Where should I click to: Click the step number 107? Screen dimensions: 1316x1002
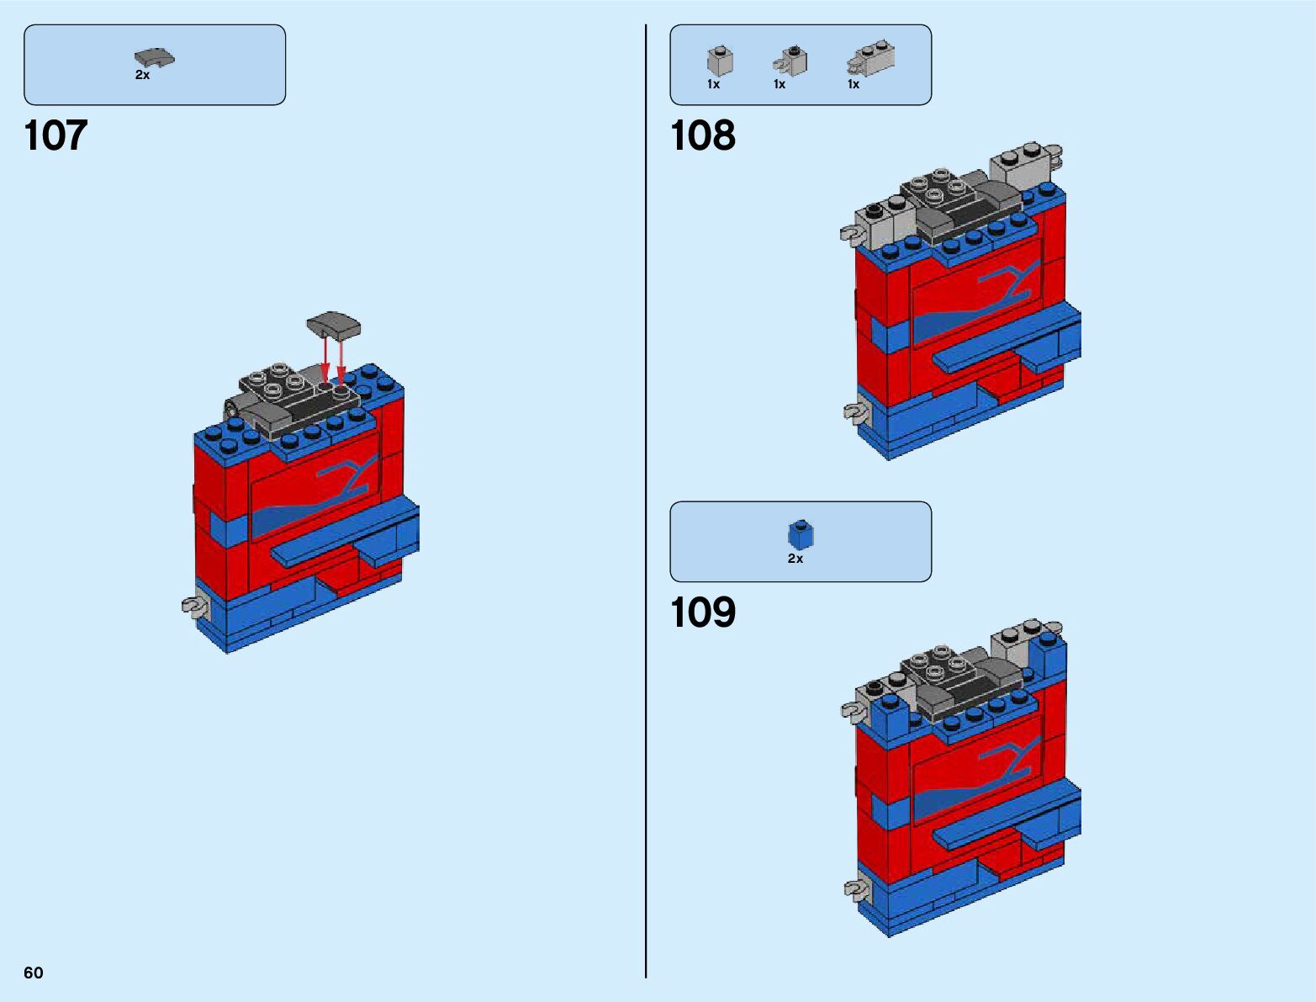pos(55,136)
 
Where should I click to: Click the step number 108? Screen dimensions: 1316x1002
pos(702,136)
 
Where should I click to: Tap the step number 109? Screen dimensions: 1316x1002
pos(702,613)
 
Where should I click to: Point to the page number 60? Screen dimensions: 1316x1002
pos(34,973)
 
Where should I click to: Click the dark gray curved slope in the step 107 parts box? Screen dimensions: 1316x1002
pos(153,57)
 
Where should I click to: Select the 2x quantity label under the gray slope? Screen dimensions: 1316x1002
pos(142,75)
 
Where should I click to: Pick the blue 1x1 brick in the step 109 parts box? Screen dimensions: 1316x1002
pos(800,534)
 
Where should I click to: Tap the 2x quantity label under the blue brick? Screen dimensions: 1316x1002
pos(795,559)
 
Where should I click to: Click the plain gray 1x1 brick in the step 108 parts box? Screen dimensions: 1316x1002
pos(720,61)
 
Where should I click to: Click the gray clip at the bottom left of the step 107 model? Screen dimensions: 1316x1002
pos(194,606)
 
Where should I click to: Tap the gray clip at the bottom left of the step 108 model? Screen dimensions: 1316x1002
pos(854,412)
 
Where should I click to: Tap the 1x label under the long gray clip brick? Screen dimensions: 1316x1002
pos(854,84)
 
